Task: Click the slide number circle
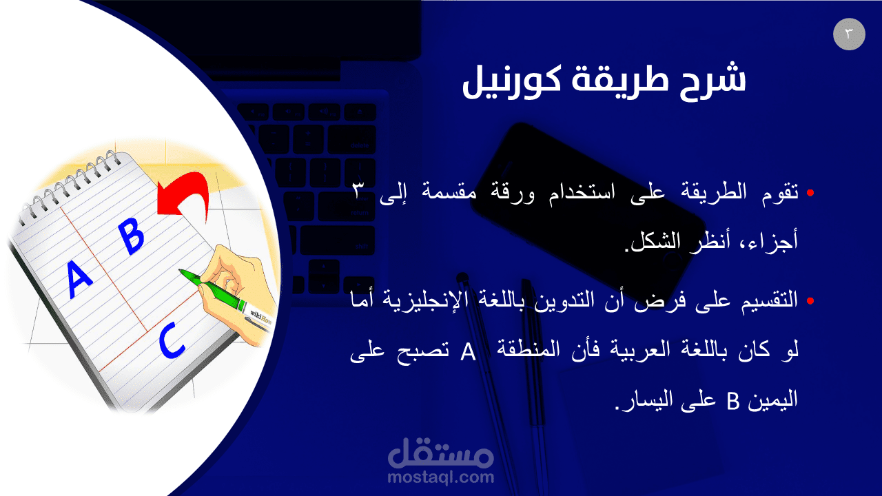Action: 849,34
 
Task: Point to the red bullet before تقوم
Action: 810,193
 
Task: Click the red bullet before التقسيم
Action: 810,301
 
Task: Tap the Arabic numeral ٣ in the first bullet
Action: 358,191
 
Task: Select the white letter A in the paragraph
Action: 468,351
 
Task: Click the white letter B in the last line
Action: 732,401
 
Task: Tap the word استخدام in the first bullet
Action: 582,192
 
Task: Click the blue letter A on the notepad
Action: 79,279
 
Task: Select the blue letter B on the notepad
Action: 132,236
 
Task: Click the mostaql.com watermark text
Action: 440,477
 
